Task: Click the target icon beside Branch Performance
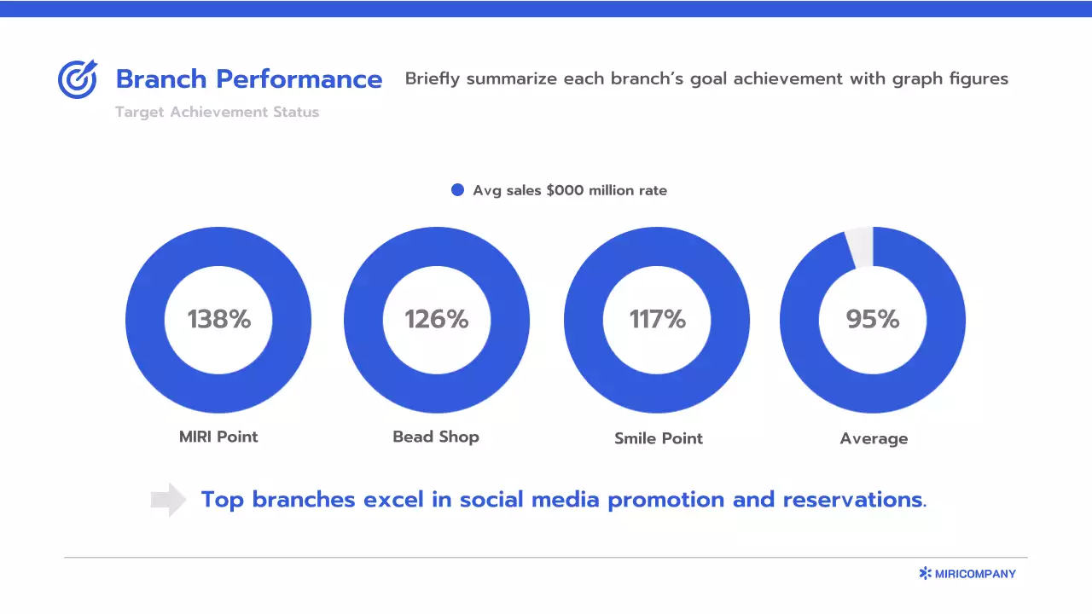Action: click(78, 79)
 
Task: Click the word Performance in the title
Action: click(299, 79)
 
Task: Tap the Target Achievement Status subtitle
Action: click(217, 112)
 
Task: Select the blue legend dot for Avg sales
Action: click(457, 190)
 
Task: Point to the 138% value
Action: click(219, 319)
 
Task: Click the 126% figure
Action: click(436, 319)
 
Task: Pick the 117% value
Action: click(657, 319)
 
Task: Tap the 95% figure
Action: click(873, 319)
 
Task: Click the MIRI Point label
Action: click(218, 437)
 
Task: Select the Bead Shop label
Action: click(436, 437)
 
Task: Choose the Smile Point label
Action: click(659, 438)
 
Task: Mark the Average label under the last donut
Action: click(874, 438)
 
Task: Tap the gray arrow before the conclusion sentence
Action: click(168, 500)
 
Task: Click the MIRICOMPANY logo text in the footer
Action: click(975, 574)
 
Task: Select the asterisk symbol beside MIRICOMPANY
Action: click(925, 574)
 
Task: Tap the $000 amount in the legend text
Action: click(565, 190)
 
